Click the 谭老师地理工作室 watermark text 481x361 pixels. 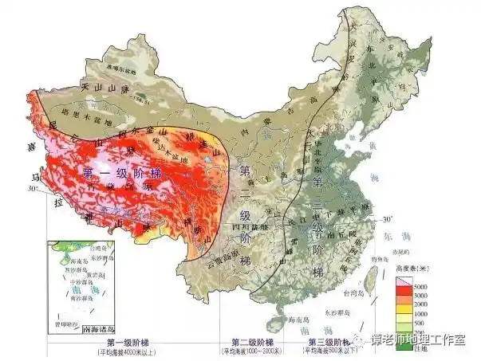click(420, 342)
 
